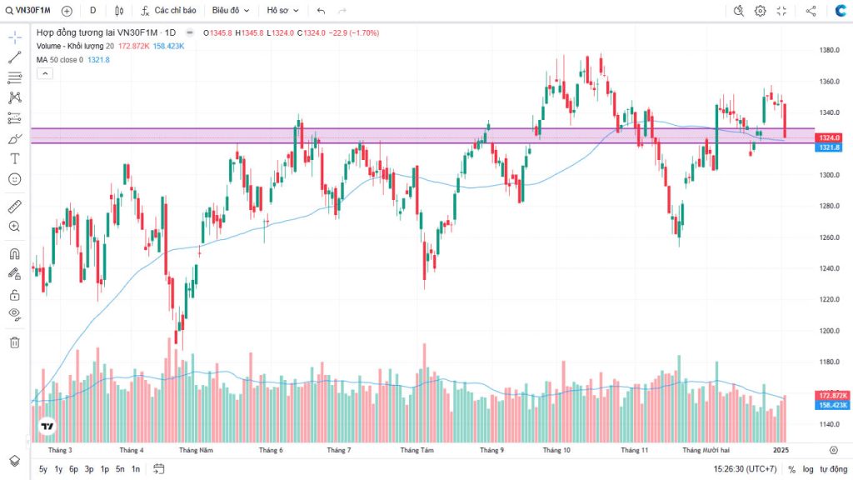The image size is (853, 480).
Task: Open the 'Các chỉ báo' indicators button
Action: [x=168, y=11]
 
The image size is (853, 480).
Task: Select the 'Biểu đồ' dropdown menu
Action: [x=230, y=11]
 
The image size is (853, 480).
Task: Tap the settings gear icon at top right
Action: [x=760, y=11]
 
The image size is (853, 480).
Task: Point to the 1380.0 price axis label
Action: [x=827, y=50]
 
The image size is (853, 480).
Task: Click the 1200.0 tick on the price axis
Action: [x=827, y=331]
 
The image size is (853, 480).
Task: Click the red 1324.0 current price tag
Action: [x=830, y=137]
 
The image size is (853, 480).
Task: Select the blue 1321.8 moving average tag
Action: [x=830, y=147]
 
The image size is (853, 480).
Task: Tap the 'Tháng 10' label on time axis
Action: [x=556, y=450]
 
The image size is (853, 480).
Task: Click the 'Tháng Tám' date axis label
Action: [x=417, y=450]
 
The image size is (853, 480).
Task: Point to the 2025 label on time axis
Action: [x=781, y=450]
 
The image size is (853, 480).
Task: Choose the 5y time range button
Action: [x=43, y=469]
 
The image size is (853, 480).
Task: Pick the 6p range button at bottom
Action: [x=73, y=469]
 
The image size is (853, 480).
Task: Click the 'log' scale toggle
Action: [x=808, y=469]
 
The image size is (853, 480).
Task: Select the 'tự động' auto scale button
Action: [x=834, y=469]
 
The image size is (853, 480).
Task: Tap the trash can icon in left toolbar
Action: [x=14, y=342]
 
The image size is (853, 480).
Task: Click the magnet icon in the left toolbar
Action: [x=14, y=254]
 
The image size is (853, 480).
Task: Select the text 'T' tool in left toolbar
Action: [x=14, y=158]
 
